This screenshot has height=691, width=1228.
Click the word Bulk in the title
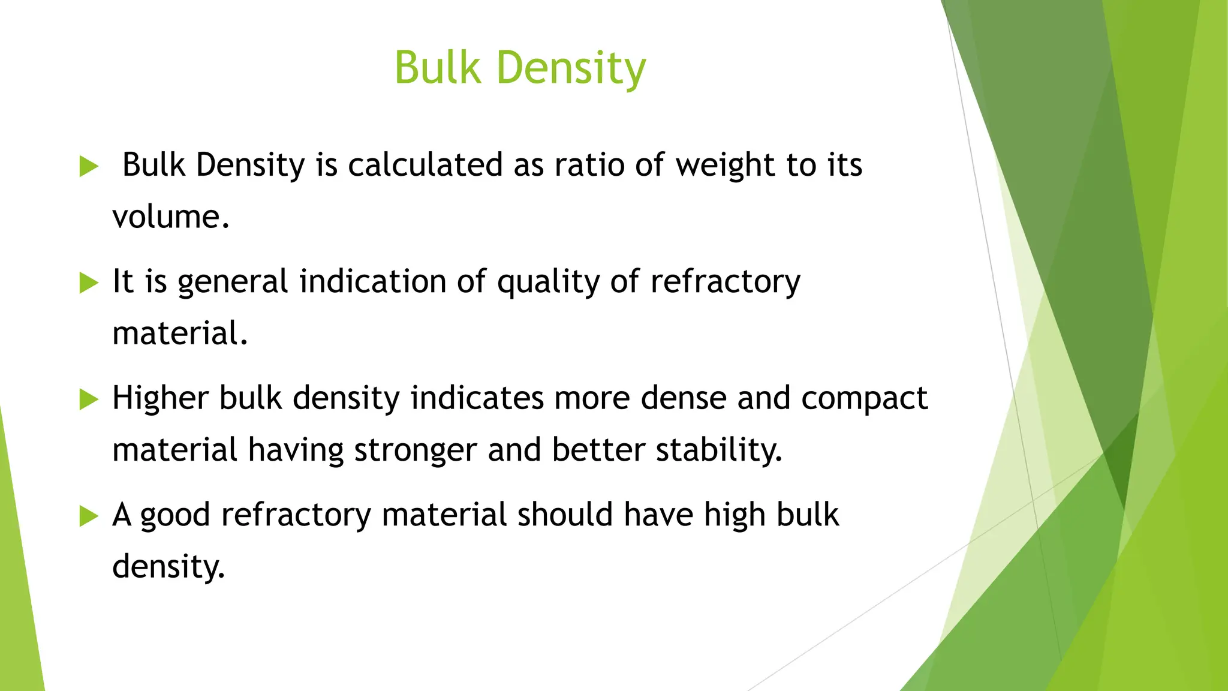click(x=438, y=67)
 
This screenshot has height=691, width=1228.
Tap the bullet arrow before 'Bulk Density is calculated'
click(x=89, y=166)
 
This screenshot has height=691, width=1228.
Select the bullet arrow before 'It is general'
click(x=89, y=283)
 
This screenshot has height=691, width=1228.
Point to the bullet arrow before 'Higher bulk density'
click(x=89, y=399)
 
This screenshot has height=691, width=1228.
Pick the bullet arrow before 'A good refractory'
click(x=89, y=515)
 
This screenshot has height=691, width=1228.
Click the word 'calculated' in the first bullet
click(x=425, y=164)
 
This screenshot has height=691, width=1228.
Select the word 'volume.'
click(x=171, y=217)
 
